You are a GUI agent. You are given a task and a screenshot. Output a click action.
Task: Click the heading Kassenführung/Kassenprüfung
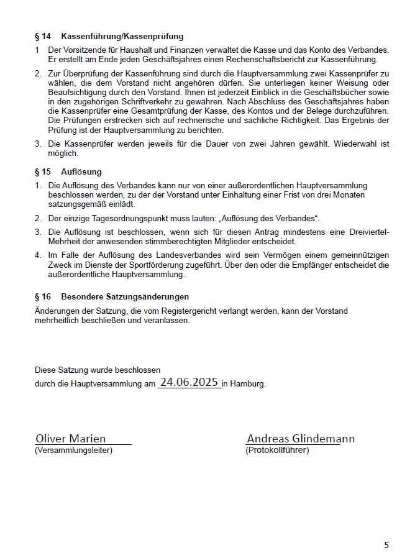122,37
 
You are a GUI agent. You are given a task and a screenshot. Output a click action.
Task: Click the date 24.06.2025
189,382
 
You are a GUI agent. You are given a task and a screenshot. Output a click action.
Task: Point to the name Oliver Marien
70,438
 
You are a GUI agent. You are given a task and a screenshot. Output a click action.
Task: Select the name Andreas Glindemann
301,438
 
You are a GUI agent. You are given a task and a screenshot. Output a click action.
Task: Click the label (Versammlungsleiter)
73,450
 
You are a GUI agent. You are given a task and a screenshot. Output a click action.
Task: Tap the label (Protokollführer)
277,450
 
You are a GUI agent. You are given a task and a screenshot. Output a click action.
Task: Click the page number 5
386,545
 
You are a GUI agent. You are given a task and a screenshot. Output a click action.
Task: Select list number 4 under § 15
38,255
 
